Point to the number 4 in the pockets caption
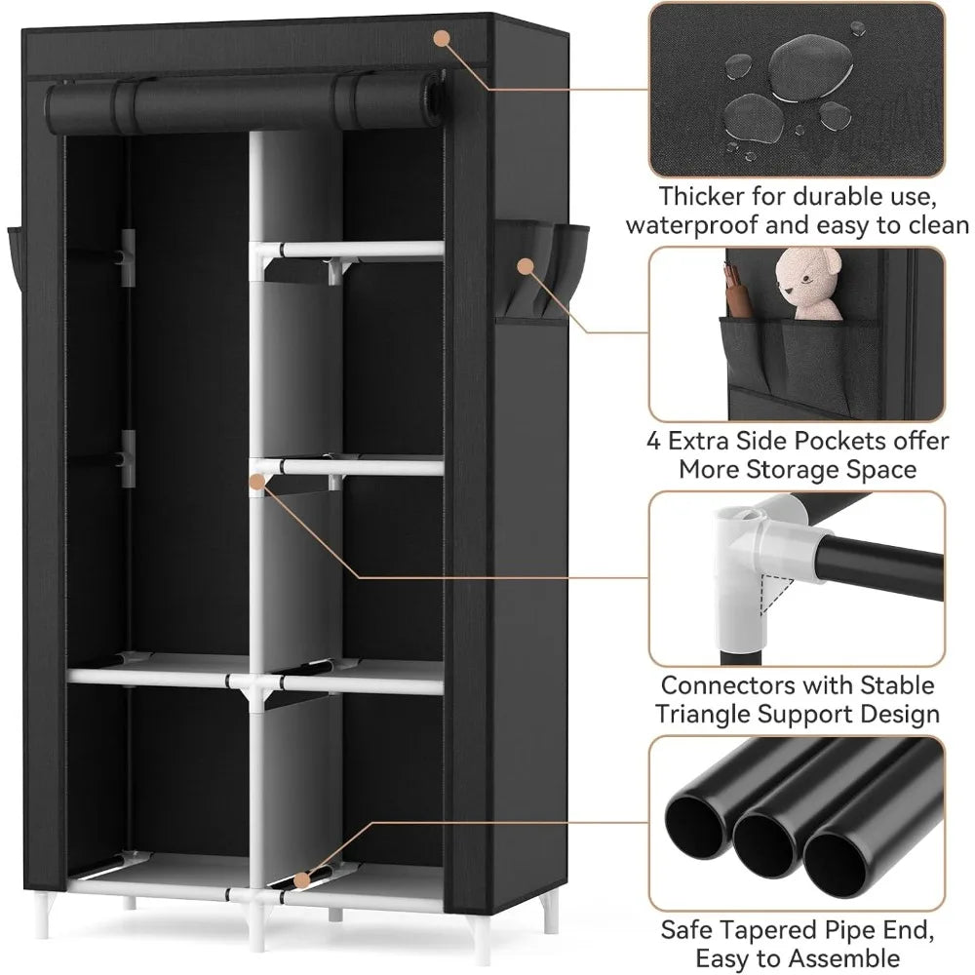tap(654, 441)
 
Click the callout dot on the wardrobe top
tap(442, 38)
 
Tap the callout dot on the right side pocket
tap(525, 265)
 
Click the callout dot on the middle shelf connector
tap(256, 481)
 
